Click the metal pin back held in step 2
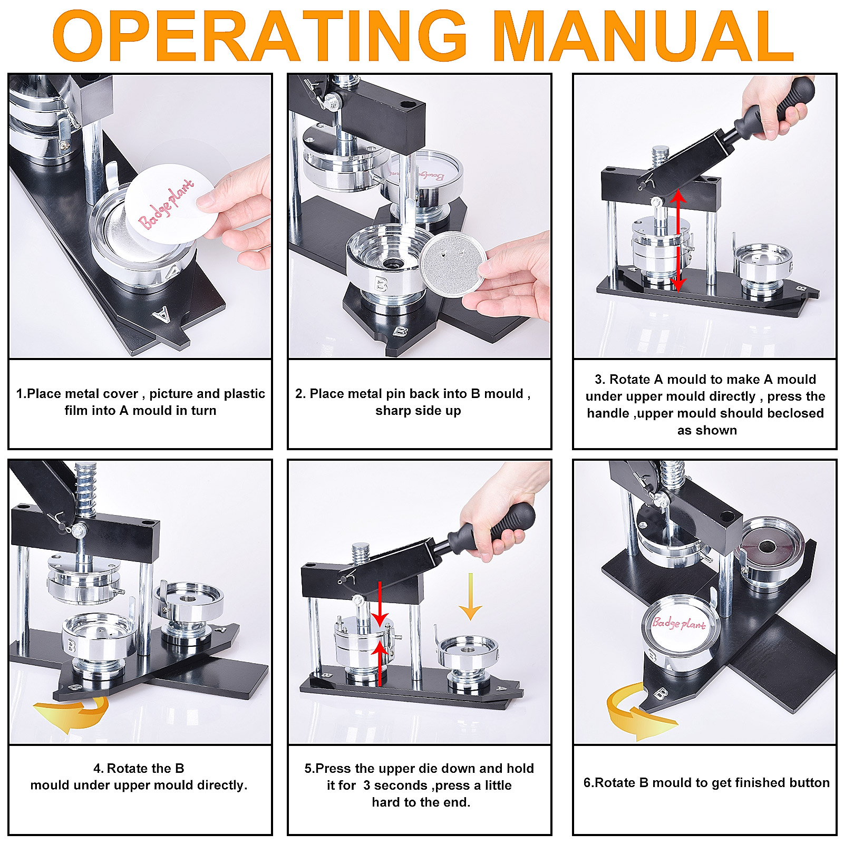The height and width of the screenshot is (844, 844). coord(453,261)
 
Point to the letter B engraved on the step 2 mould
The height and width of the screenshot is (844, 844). coord(381,285)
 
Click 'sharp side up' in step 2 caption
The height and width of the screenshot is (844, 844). coord(418,411)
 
